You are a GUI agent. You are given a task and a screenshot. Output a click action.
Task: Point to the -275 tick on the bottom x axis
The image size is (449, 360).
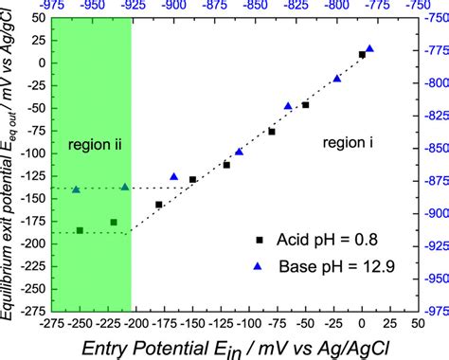[x=53, y=322]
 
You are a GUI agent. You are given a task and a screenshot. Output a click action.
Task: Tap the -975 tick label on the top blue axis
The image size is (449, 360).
[x=53, y=6]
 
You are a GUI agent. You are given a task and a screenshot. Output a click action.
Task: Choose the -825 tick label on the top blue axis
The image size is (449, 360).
[x=291, y=6]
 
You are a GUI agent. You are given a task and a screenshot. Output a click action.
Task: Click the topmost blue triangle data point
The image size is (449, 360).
[x=369, y=48]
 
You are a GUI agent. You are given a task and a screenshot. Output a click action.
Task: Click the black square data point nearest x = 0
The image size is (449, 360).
[x=362, y=55]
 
